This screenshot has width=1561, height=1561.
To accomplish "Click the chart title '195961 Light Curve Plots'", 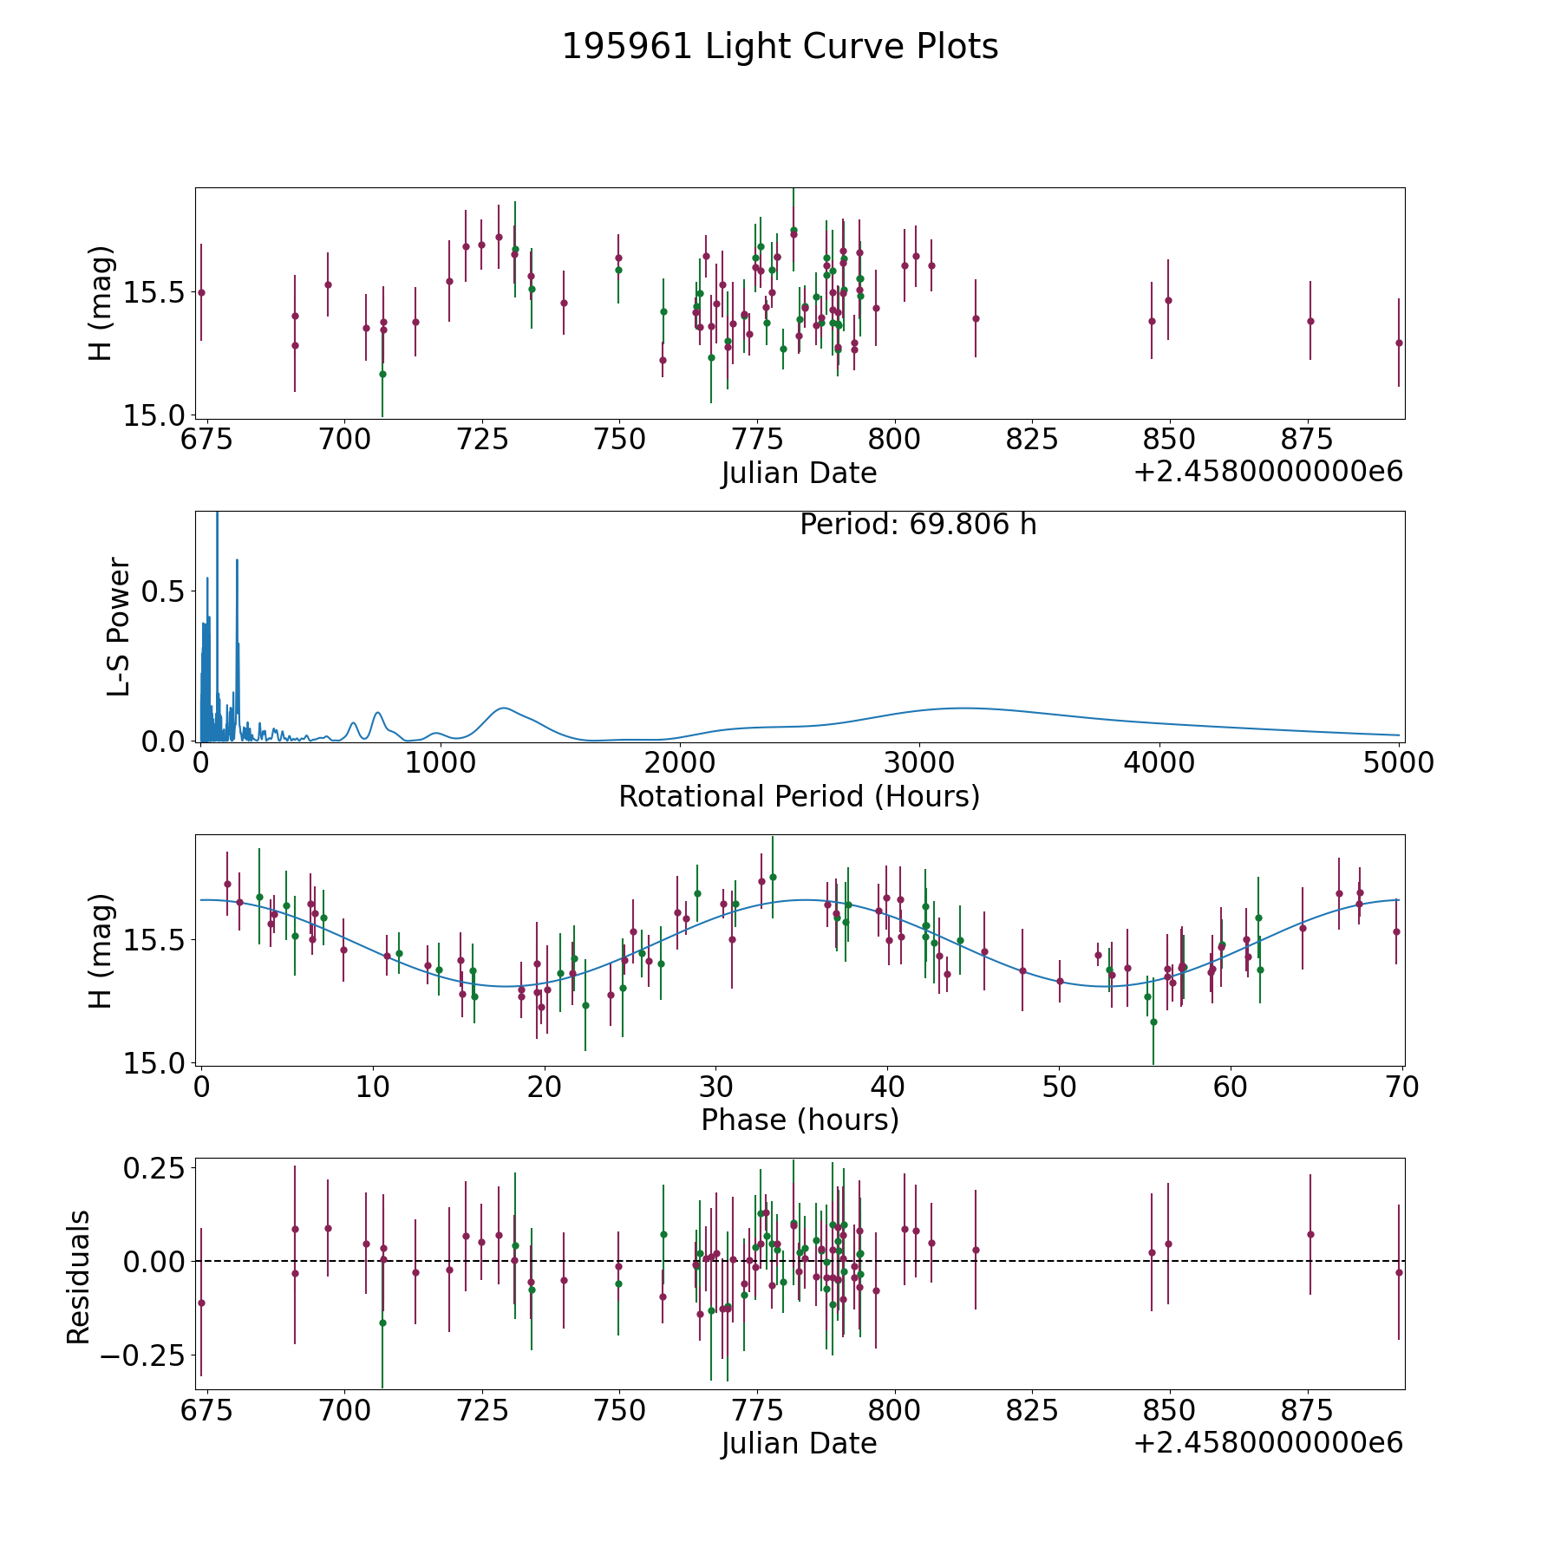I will click(x=780, y=47).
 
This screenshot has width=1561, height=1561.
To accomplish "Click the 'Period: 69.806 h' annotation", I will click(x=918, y=525).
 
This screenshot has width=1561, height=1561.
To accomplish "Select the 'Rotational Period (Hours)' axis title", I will click(x=799, y=796).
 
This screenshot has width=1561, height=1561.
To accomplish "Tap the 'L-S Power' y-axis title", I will click(x=119, y=627).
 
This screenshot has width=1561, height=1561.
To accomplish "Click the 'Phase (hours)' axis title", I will click(x=799, y=1120).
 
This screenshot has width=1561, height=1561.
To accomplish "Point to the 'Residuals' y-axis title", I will click(x=79, y=1277).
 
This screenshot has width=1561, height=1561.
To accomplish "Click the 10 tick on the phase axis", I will click(x=373, y=1087).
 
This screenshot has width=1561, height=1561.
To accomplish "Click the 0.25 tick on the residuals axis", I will click(x=153, y=1169).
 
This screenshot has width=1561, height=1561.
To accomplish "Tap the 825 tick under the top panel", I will click(x=1031, y=440).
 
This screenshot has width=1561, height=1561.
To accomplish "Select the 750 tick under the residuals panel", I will click(x=619, y=1410).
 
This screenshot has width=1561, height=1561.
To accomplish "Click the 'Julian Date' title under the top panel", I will click(x=799, y=474).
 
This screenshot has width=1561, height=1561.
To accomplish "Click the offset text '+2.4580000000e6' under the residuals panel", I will click(x=1268, y=1443).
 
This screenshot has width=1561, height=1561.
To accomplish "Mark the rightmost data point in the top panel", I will click(x=1398, y=343).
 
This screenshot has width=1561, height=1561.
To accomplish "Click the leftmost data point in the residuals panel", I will click(x=201, y=1303).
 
